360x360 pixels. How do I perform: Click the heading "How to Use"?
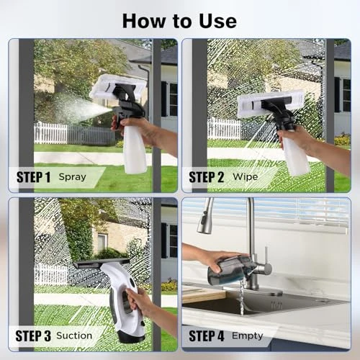click(179, 19)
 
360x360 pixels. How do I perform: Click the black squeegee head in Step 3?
click(101, 264)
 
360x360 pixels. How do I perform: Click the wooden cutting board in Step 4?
click(202, 294)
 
